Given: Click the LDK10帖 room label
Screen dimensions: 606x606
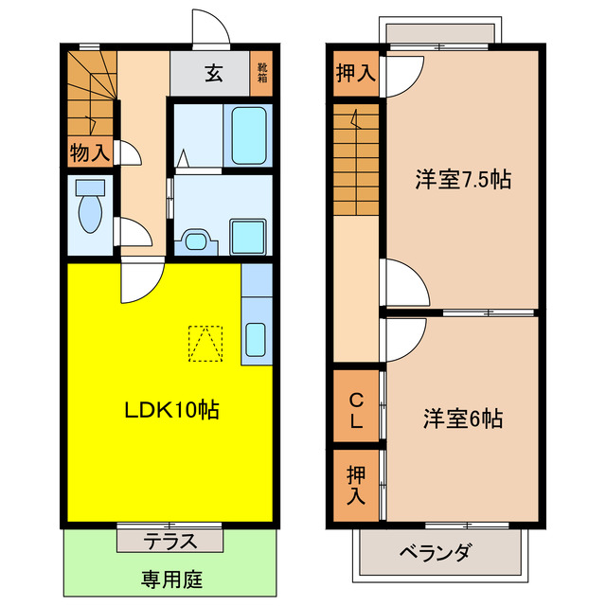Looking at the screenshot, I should pyautogui.click(x=173, y=410).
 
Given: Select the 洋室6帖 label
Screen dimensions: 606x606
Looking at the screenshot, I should pyautogui.click(x=462, y=417).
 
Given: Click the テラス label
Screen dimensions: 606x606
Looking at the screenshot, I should pyautogui.click(x=170, y=542).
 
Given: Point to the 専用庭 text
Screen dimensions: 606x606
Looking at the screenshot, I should pyautogui.click(x=172, y=579).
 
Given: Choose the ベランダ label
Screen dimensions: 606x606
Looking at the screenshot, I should pyautogui.click(x=435, y=553).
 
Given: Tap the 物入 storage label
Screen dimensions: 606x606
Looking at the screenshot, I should pyautogui.click(x=90, y=151).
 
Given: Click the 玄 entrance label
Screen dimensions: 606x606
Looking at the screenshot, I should pyautogui.click(x=214, y=73).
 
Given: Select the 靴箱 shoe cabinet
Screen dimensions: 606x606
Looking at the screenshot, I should pyautogui.click(x=262, y=72).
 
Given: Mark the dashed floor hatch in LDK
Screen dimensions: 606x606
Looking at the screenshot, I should pyautogui.click(x=205, y=343).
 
